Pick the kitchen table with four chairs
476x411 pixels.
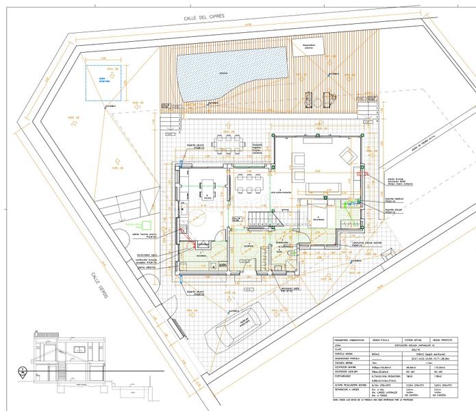[205, 185]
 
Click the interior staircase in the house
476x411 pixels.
[260, 218]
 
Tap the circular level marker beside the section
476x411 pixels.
[23, 373]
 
